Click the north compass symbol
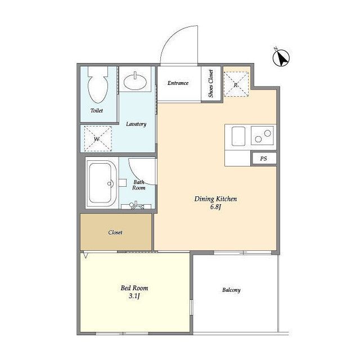pos(281,57)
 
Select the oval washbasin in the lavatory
pos(136,81)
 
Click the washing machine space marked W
pos(98,138)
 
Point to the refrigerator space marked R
pos(236,84)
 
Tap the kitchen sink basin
pos(238,136)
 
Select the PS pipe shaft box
pos(264,159)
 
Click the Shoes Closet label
pos(211,84)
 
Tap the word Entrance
pos(178,83)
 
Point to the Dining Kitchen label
pos(215,199)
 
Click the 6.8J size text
pos(215,207)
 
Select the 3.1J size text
pos(134,296)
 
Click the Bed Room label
pos(134,288)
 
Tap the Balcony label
pos(231,290)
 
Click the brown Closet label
pos(115,232)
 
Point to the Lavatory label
pos(136,124)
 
